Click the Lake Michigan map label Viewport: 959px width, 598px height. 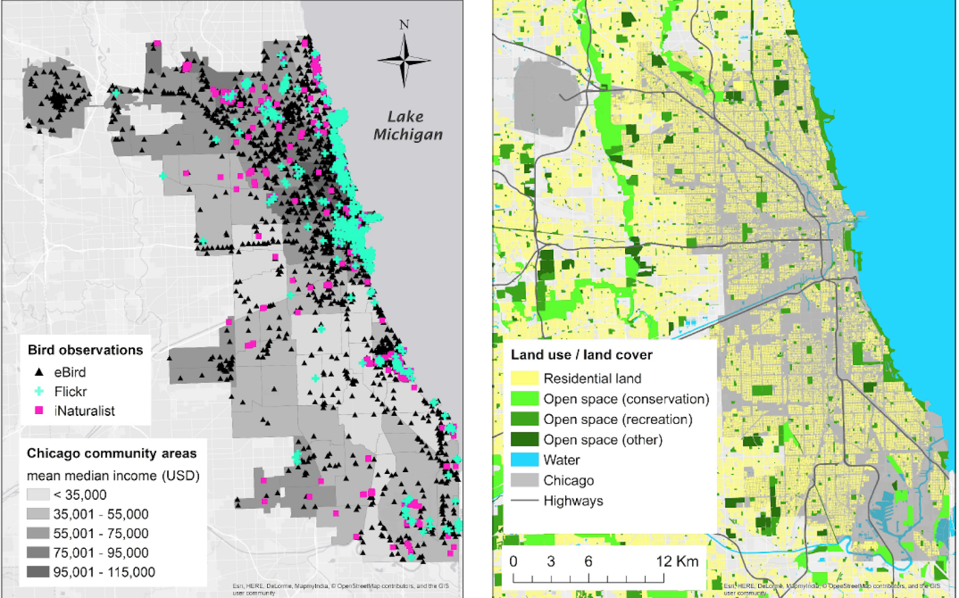(x=408, y=125)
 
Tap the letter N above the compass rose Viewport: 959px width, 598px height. (x=404, y=25)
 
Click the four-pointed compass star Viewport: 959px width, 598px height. (x=404, y=60)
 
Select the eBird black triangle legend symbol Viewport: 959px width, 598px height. (x=39, y=372)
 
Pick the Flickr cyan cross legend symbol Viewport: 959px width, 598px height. (x=39, y=391)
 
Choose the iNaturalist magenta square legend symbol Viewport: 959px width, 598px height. (x=39, y=410)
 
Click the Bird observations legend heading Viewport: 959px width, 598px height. (x=85, y=350)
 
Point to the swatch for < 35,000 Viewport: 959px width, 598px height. (x=38, y=495)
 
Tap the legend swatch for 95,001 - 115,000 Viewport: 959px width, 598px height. (x=38, y=572)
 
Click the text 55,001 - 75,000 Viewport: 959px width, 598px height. (x=101, y=533)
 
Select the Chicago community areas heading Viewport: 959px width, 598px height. (x=111, y=453)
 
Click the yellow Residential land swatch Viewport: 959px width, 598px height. (x=524, y=378)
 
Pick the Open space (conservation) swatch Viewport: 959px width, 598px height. (x=524, y=398)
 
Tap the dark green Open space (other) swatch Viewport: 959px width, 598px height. (x=524, y=439)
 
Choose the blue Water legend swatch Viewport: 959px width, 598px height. (x=524, y=460)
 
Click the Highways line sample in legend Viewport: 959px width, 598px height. (x=524, y=500)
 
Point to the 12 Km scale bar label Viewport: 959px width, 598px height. (x=677, y=561)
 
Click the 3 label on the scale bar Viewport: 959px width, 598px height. (x=551, y=561)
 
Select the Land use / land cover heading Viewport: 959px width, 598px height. (x=581, y=355)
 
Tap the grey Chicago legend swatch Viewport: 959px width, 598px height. (x=524, y=480)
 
